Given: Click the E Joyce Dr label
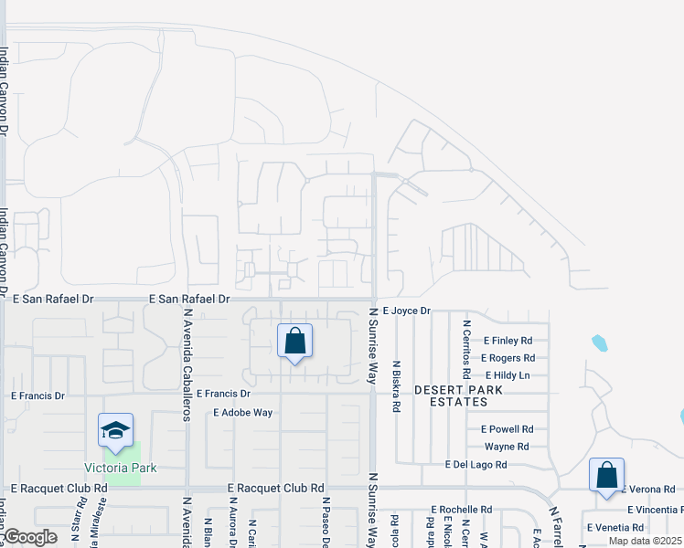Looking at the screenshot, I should point(406,311).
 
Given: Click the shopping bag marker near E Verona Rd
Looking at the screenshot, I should point(606,476).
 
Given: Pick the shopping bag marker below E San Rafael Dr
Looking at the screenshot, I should point(294,343).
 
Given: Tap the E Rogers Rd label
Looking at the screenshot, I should point(508,358).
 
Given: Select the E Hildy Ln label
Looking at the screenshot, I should point(508,375).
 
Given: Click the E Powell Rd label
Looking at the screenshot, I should point(507,428).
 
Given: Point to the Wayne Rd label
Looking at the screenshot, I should point(507,447).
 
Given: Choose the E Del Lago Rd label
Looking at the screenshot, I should point(476,465).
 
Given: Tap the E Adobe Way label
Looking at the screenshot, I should point(243,413).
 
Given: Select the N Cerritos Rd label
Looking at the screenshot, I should point(465,349).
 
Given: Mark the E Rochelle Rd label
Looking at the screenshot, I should point(461,510).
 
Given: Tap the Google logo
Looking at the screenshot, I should point(30,537).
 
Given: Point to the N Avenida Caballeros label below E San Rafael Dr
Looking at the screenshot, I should point(187,363).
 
